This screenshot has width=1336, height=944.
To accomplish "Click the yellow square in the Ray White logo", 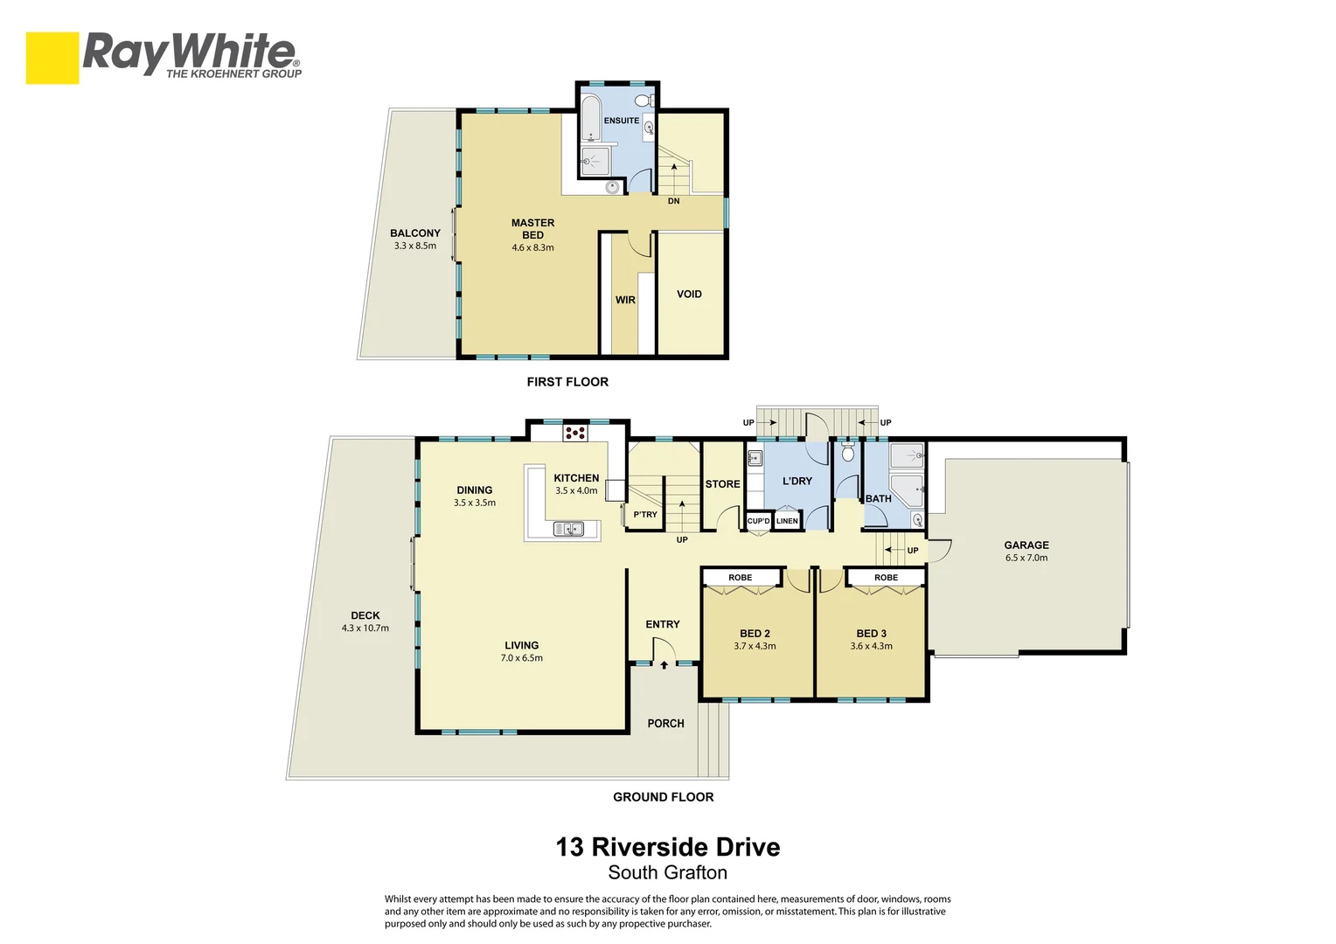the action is (52, 58).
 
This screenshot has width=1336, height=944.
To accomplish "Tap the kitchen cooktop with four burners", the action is (575, 433).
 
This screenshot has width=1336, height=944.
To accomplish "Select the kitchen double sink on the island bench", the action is (568, 528).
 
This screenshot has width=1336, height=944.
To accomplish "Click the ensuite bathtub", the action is (591, 117).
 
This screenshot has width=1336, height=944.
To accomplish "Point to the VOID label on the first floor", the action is (689, 294).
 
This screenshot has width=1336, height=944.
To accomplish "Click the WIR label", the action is (625, 300).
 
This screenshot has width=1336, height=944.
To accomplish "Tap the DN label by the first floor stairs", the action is (673, 201).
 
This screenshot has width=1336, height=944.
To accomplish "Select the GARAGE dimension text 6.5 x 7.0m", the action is (1026, 558).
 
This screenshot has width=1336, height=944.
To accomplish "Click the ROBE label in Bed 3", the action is (887, 577).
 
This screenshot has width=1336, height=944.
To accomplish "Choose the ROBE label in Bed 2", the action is (741, 577).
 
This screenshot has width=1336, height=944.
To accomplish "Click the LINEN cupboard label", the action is (787, 521).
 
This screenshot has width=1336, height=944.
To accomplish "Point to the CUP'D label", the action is (759, 521).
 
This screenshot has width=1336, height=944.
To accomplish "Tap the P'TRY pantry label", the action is (645, 514).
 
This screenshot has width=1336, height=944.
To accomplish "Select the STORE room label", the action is (723, 484).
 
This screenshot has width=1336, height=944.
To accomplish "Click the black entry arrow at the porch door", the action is (665, 664).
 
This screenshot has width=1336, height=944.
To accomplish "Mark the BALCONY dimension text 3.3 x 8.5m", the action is (415, 246).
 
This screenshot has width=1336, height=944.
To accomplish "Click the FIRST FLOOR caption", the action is (567, 382).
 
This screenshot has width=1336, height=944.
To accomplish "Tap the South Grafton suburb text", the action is (667, 872).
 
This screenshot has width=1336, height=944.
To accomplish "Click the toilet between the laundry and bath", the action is (847, 453).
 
